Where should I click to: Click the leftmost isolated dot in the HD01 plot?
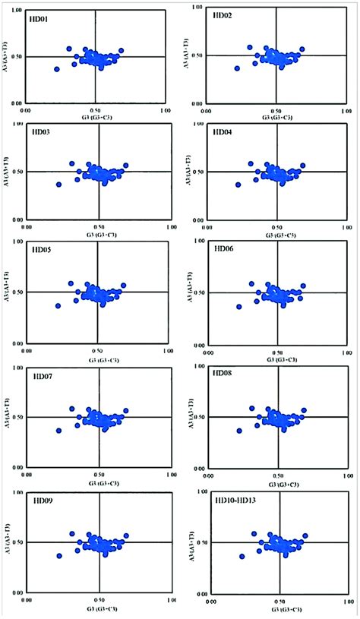point(56,69)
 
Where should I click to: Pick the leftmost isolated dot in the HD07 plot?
point(58,431)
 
